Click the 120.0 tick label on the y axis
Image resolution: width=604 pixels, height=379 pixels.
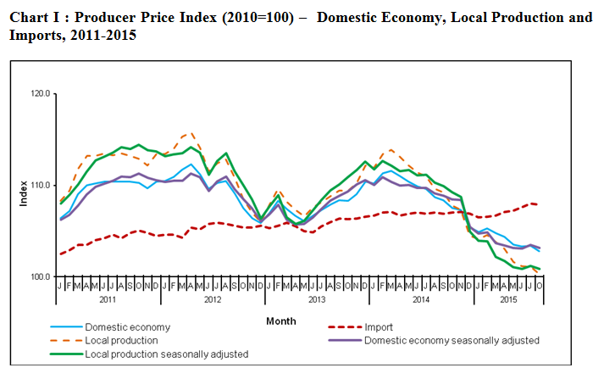(x=40, y=93)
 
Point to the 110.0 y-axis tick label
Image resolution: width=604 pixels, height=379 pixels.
(x=40, y=185)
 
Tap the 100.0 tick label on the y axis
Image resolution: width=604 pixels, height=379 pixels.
(x=40, y=277)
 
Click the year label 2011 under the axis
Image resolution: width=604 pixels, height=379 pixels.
(x=107, y=300)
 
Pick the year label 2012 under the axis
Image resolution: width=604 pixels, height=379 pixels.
(x=211, y=300)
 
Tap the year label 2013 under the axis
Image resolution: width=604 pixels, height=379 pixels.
(x=316, y=300)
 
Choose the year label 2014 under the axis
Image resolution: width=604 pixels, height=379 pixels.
(x=420, y=300)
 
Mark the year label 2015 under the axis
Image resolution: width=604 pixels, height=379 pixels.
(x=509, y=300)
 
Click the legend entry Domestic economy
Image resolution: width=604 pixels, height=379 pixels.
(x=128, y=327)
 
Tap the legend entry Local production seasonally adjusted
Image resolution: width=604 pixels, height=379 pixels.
(x=167, y=354)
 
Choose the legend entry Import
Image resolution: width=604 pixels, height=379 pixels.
(x=380, y=327)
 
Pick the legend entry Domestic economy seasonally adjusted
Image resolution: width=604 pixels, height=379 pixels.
(x=452, y=340)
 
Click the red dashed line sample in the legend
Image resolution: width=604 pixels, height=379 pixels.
(x=343, y=327)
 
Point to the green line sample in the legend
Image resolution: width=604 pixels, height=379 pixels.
(x=65, y=354)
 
